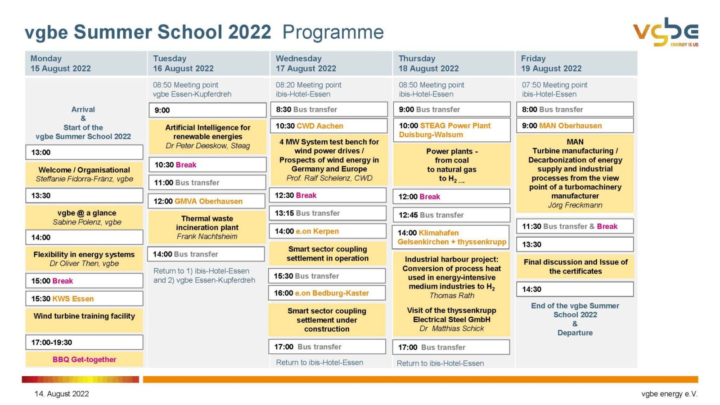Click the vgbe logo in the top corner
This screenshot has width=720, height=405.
pos(666,32)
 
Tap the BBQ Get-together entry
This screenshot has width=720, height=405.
pos(84,359)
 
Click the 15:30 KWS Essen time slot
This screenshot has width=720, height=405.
pos(84,298)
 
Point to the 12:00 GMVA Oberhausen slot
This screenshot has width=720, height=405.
pos(207,201)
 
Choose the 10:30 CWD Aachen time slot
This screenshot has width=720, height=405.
pos(328,126)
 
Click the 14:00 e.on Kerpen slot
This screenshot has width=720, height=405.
pos(328,231)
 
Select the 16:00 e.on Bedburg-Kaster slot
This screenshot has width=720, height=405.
pos(327,293)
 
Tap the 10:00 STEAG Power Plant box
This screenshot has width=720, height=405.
pos(451,130)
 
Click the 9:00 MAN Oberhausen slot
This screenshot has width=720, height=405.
pos(575,126)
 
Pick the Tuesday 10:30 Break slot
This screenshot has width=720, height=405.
pos(207,165)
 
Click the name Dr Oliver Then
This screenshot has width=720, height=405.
pos(84,264)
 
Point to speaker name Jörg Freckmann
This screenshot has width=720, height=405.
pos(575,205)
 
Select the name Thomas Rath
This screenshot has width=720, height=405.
pos(452,296)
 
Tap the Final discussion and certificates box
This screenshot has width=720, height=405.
pos(575,266)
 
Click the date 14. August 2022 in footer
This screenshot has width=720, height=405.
pos(62,394)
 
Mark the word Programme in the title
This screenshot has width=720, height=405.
pos(333,32)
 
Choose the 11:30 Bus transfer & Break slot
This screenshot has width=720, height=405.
pos(575,226)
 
